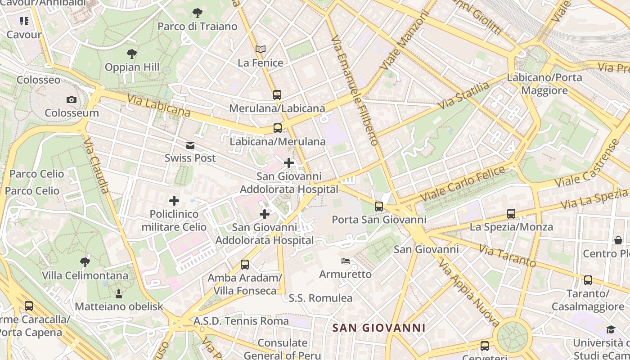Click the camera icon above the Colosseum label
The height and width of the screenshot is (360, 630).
click(71, 99)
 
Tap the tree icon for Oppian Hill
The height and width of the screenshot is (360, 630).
click(132, 54)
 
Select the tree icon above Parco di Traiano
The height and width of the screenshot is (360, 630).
click(197, 13)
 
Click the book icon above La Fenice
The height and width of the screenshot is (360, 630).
click(261, 49)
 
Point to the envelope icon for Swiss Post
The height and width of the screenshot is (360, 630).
click(190, 145)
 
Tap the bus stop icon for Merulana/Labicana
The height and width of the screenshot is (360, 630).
click(277, 94)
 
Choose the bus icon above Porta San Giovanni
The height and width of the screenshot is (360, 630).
click(379, 206)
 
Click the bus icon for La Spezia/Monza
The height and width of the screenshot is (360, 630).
click(511, 213)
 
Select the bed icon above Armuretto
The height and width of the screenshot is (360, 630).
click(345, 261)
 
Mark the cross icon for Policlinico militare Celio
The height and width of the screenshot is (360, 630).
click(174, 201)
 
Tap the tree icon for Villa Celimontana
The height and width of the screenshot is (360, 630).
click(85, 262)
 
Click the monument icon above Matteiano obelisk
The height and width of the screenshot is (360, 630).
click(119, 293)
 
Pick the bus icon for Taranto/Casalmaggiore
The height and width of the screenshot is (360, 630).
click(588, 280)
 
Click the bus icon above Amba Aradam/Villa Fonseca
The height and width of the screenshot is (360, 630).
click(245, 264)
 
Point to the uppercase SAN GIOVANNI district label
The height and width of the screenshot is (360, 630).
click(379, 328)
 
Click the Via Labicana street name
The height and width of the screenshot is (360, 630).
click(159, 105)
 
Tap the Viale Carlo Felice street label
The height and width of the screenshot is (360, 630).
click(463, 184)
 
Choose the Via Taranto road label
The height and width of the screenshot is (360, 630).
click(507, 255)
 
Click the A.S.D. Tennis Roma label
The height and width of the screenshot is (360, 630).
click(241, 321)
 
